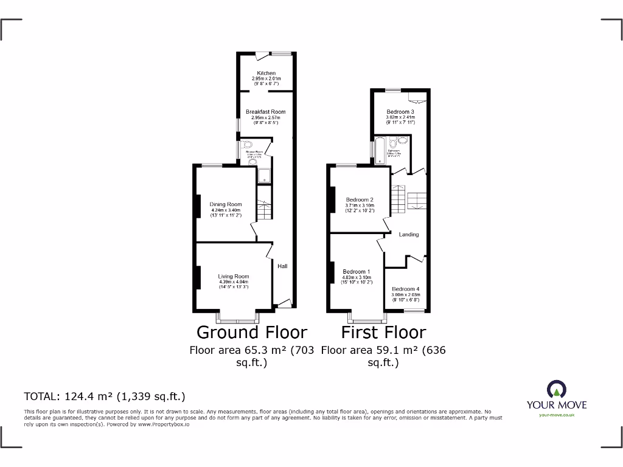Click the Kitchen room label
pyautogui.click(x=266, y=73)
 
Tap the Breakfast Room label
pyautogui.click(x=265, y=112)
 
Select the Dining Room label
pyautogui.click(x=226, y=204)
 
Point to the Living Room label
pyautogui.click(x=234, y=277)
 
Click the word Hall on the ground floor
pyautogui.click(x=283, y=266)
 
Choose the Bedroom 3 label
pyautogui.click(x=400, y=112)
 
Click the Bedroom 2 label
pyautogui.click(x=360, y=199)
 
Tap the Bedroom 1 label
pyautogui.click(x=356, y=272)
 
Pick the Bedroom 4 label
pyautogui.click(x=405, y=289)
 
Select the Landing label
pyautogui.click(x=408, y=234)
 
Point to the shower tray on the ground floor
pyautogui.click(x=265, y=176)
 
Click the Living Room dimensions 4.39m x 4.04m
pyautogui.click(x=234, y=282)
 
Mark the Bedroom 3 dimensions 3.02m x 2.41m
pyautogui.click(x=400, y=117)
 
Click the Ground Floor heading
pyautogui.click(x=252, y=332)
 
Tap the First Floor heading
pyautogui.click(x=383, y=332)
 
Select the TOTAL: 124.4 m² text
pyautogui.click(x=104, y=397)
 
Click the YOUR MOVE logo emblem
pyautogui.click(x=557, y=390)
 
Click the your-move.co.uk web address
pyautogui.click(x=557, y=415)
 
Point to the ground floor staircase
pyautogui.click(x=264, y=210)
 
